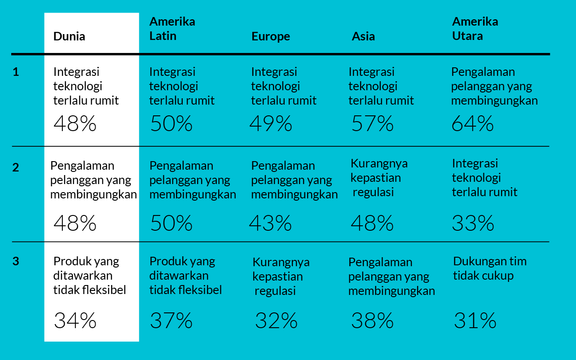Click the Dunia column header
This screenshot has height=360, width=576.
coord(69,36)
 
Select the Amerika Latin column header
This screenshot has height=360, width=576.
coord(172,29)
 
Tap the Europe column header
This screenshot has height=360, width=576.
coord(271,36)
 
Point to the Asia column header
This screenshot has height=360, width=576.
coord(363,36)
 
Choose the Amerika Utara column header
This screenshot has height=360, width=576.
coord(475,29)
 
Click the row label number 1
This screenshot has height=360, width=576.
coord(16,72)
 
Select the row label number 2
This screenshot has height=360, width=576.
coord(16,167)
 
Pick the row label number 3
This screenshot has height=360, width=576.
coord(16,261)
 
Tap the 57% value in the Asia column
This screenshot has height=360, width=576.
coord(372,124)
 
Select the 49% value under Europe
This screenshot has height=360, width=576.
coord(271,124)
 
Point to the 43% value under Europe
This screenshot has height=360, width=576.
coord(270,223)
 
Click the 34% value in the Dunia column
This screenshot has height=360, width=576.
coord(75,320)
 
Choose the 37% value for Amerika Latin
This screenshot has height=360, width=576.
coord(171,320)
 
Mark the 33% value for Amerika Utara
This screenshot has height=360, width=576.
coord(473,223)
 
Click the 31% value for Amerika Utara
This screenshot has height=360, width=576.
coord(475,320)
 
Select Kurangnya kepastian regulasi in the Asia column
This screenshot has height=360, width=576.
coord(378,178)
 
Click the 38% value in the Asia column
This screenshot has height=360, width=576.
coord(372,320)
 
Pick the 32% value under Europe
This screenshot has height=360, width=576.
coord(276,320)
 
